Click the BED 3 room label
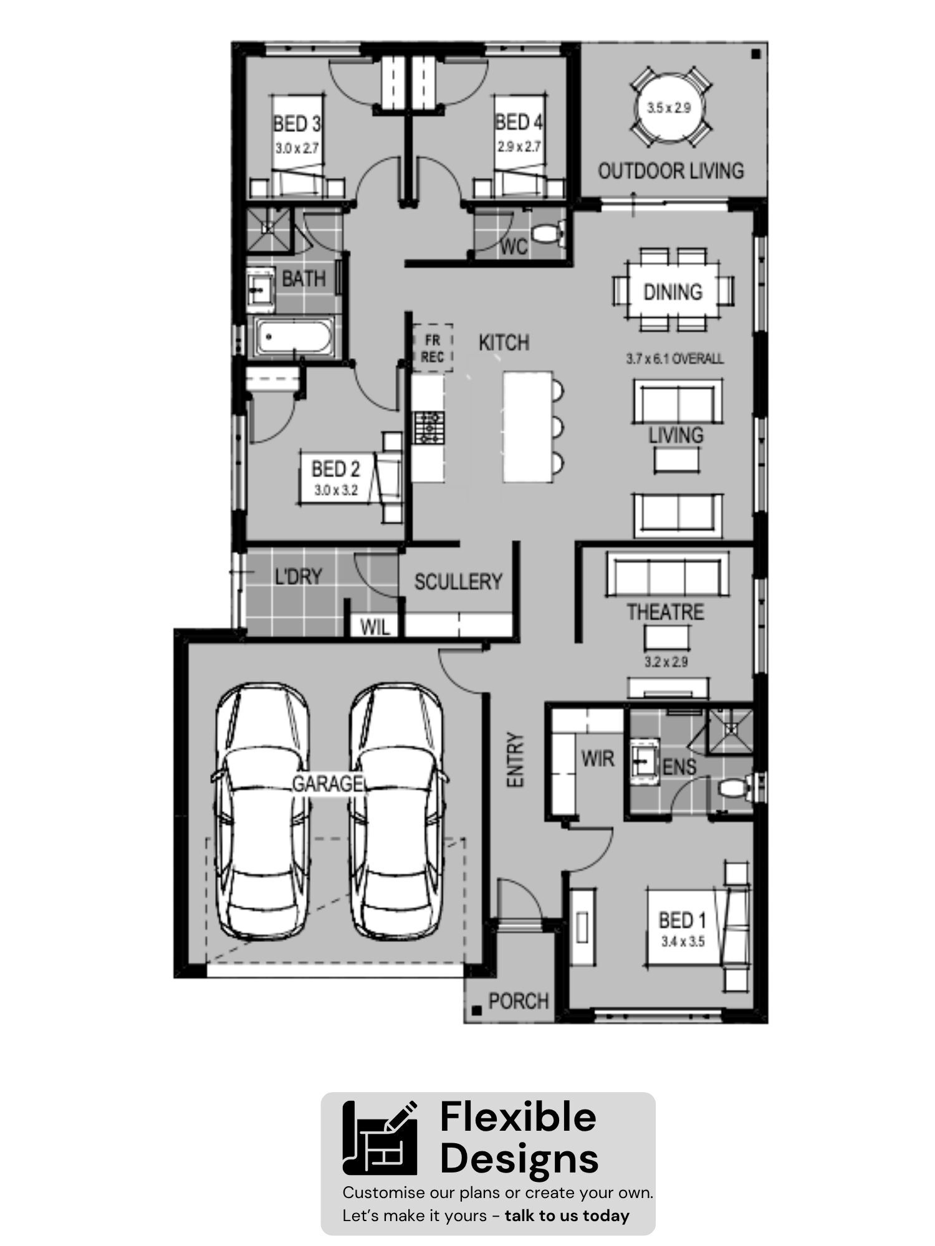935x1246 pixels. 297,123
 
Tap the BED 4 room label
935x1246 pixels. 519,122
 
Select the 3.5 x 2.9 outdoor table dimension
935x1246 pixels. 668,108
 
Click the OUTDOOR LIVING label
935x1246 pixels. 671,171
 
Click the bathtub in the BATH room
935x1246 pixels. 293,338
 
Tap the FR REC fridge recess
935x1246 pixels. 432,348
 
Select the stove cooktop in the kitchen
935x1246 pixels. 429,428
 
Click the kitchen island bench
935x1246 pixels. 527,426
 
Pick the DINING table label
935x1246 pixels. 673,292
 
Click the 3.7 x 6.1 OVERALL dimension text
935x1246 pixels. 674,359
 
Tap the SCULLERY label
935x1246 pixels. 458,582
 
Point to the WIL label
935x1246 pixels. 375,627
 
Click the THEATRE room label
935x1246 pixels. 665,612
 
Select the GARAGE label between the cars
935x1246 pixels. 327,783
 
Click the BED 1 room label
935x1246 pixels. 683,920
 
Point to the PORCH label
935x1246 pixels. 519,1001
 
